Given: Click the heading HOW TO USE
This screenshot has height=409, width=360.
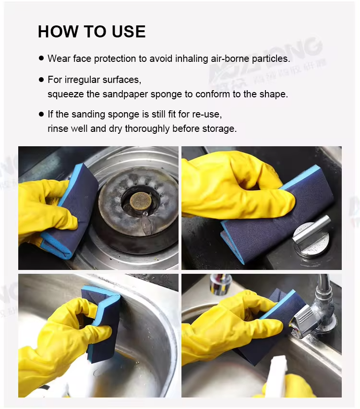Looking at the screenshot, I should pyautogui.click(x=92, y=32).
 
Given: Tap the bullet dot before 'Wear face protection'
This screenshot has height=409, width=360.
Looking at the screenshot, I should pyautogui.click(x=41, y=58).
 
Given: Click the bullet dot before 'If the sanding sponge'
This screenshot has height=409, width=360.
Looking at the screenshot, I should pyautogui.click(x=41, y=115).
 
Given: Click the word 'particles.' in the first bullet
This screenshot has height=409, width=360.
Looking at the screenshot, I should pyautogui.click(x=271, y=58).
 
